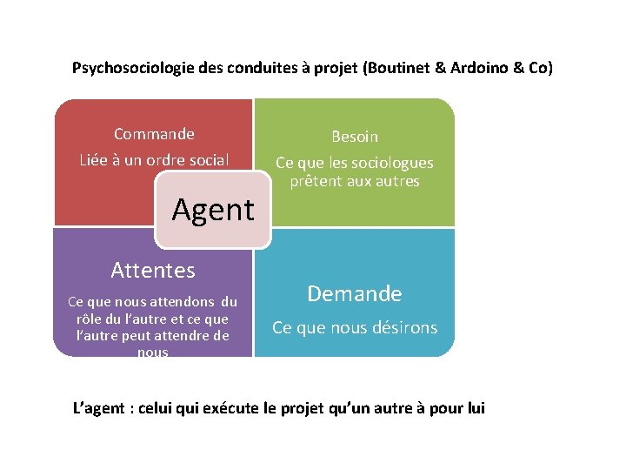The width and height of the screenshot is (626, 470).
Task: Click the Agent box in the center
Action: click(x=213, y=210)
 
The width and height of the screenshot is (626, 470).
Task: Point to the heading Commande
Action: click(x=154, y=134)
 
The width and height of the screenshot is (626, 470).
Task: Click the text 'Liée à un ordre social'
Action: click(x=154, y=159)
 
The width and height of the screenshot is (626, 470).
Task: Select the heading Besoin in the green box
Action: click(x=354, y=137)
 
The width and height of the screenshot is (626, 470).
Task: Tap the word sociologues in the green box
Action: click(x=390, y=163)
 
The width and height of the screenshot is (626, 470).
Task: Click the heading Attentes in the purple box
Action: click(x=153, y=271)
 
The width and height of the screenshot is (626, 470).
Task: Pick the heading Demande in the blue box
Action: click(x=355, y=294)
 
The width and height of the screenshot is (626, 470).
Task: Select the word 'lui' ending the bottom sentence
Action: click(x=474, y=408)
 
